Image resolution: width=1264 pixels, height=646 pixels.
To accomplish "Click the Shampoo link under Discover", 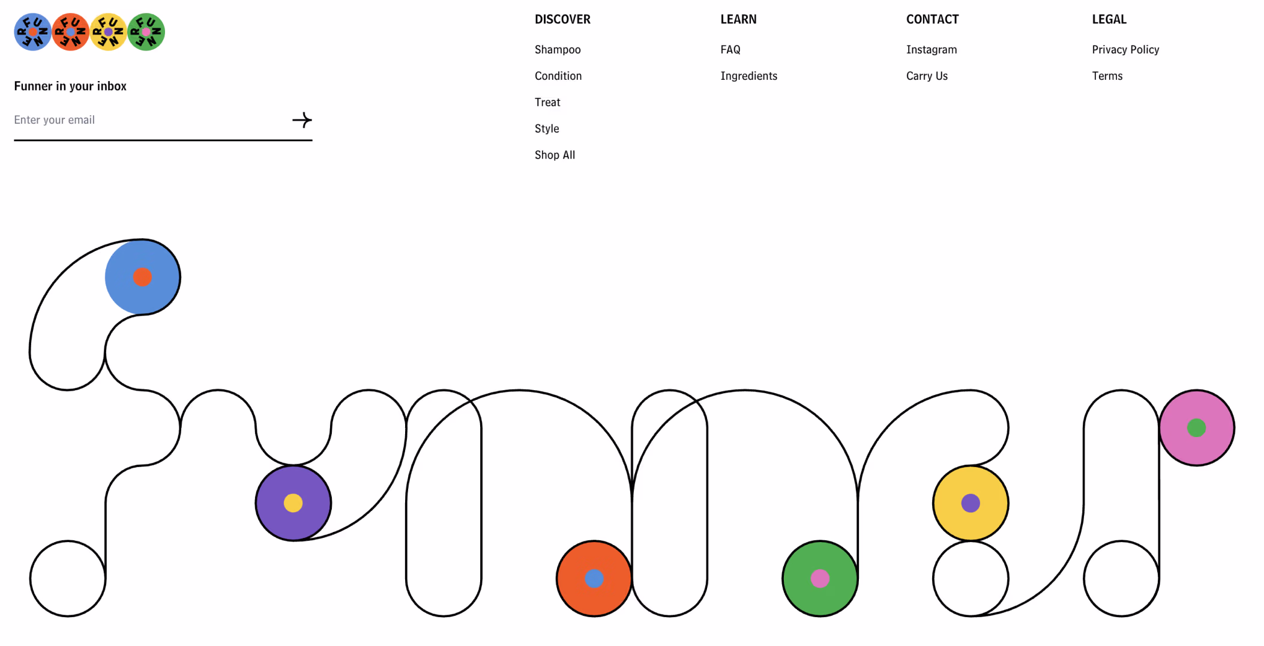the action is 558,50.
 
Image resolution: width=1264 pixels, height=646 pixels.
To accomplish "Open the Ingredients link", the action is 748,76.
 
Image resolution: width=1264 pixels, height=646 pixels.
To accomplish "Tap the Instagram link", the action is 931,50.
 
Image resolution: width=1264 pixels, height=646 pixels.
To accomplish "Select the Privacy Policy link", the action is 1125,50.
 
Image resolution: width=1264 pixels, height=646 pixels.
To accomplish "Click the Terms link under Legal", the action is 1107,76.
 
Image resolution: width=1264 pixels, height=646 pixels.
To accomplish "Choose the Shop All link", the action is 555,155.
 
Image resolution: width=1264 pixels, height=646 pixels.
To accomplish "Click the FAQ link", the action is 730,50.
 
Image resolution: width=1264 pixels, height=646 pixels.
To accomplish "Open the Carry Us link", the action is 927,76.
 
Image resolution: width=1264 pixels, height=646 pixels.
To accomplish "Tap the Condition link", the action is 558,76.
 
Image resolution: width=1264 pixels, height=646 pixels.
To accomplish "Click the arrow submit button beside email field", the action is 302,120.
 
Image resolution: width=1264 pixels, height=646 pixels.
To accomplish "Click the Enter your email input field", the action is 150,120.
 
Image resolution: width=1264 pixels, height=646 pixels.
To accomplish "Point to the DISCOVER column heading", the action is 562,19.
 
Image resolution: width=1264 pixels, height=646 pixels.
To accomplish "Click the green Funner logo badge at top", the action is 146,32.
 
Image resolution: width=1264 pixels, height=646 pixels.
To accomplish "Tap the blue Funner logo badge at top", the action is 33,32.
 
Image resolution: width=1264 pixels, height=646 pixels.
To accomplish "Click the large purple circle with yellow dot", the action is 293,503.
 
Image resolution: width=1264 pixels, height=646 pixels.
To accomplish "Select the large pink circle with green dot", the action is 1196,428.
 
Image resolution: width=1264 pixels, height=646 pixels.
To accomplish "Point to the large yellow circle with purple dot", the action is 971,503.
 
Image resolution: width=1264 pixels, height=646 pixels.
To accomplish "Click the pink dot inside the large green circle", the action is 820,579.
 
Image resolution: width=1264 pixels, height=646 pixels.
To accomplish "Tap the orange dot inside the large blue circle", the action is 142,277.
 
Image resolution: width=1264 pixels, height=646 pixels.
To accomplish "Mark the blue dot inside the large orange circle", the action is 594,579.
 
